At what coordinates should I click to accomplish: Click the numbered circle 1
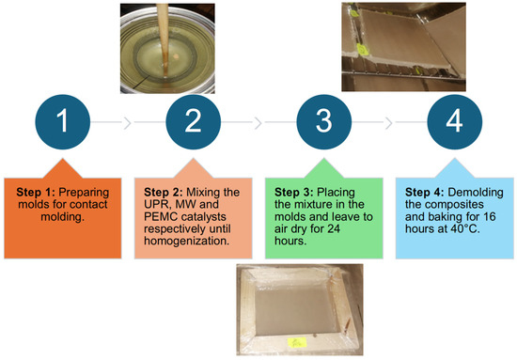(x=63, y=122)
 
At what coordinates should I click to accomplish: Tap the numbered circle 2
(x=194, y=122)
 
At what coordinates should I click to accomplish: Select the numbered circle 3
(x=323, y=122)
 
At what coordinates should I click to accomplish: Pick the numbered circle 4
(x=455, y=122)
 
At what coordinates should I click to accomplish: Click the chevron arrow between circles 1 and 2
(x=127, y=122)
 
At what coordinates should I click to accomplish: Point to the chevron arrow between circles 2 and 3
(x=258, y=122)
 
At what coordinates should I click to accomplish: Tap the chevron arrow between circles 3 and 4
(x=388, y=122)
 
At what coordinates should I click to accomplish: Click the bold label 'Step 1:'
(x=36, y=192)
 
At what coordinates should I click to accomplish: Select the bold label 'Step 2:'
(x=164, y=192)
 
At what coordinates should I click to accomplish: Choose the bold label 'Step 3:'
(x=294, y=192)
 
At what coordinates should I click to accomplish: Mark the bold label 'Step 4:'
(x=425, y=192)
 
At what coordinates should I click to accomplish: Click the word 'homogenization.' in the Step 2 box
(x=187, y=241)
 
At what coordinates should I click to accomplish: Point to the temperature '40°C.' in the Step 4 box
(x=465, y=228)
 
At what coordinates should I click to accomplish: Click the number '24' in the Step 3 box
(x=334, y=228)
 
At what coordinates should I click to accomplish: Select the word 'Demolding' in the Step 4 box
(x=476, y=193)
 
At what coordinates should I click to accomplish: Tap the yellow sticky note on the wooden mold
(x=297, y=342)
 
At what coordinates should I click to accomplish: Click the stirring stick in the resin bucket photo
(x=163, y=39)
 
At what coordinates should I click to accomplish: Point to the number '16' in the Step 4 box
(x=490, y=216)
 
